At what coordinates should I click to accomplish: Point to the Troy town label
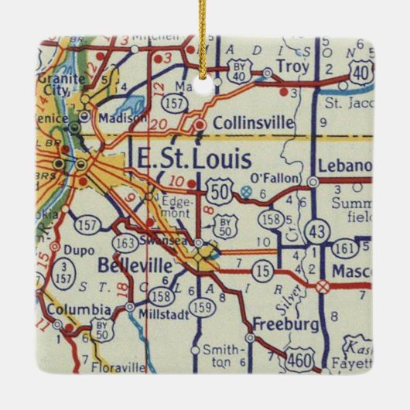(x=292, y=66)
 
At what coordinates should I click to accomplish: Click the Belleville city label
(x=129, y=265)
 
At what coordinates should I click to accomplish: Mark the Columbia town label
(x=79, y=309)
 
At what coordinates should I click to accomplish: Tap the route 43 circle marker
(x=316, y=230)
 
